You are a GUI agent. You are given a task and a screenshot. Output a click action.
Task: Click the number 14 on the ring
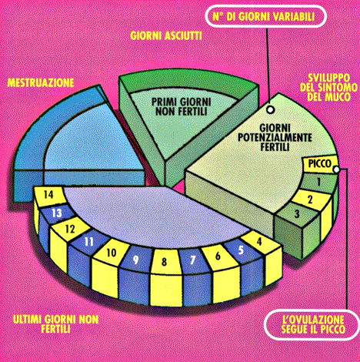48,195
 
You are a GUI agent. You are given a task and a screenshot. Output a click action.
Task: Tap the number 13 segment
57,213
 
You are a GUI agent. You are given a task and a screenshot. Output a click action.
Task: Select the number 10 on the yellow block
112,253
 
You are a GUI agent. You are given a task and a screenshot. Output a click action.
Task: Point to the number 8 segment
164,262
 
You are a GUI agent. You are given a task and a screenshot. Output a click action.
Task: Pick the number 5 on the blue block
241,250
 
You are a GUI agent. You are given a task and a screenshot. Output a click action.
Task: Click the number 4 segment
259,241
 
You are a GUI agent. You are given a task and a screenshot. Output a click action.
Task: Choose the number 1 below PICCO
318,182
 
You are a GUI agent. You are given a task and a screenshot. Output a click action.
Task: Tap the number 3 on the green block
297,213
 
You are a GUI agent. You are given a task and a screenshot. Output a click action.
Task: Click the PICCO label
319,163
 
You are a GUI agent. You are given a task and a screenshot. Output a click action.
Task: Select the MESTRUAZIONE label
41,82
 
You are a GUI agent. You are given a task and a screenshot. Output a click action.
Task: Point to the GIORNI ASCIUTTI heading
166,35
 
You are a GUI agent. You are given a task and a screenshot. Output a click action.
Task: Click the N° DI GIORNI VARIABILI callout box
266,16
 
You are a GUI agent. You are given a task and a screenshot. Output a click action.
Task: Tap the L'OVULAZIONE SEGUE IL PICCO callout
312,324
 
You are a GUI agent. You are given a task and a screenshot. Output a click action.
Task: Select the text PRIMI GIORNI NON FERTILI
181,106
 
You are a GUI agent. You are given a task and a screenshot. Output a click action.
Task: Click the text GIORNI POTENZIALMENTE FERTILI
275,137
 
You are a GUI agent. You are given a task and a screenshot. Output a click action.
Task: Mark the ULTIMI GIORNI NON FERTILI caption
55,324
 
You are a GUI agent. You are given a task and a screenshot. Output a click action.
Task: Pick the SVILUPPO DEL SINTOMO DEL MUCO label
328,87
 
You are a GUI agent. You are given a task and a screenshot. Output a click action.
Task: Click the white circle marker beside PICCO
336,169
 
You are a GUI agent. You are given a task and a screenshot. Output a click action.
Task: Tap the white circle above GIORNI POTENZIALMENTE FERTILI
270,110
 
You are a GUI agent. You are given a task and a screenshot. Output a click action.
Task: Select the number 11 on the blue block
88,242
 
